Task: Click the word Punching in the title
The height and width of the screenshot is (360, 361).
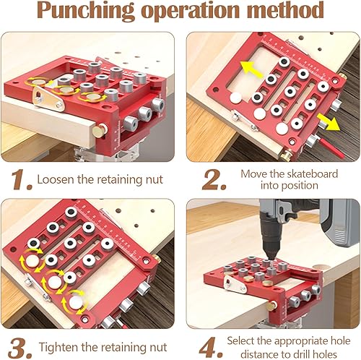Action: tap(85, 10)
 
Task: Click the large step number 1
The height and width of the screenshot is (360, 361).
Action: tap(21, 179)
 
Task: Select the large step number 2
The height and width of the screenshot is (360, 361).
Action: tap(214, 179)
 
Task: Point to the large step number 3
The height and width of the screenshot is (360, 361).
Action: tap(19, 348)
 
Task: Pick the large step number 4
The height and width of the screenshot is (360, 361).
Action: tap(211, 348)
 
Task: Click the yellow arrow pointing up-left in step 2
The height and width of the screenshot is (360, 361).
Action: tap(251, 69)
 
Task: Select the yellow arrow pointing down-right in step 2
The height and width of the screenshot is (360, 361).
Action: tap(329, 122)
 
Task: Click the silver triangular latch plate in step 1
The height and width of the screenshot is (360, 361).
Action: tap(48, 99)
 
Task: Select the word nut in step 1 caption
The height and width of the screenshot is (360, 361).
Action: tap(155, 180)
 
